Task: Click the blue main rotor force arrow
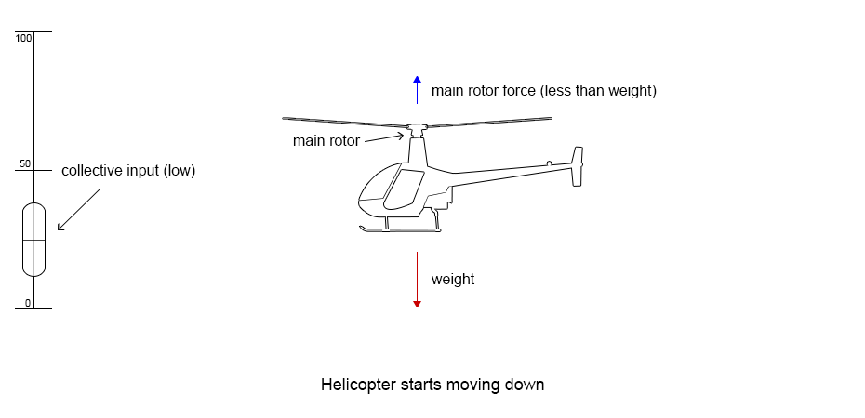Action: (417, 89)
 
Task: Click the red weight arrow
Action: (417, 279)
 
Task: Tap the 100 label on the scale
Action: (23, 38)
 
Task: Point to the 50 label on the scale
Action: (25, 164)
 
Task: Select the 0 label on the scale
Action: (28, 303)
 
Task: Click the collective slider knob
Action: (33, 239)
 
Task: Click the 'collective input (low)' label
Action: (128, 171)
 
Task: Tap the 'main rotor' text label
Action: (326, 141)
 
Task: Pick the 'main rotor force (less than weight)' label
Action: (544, 91)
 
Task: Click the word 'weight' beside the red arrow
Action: (453, 279)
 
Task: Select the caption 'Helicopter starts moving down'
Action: (432, 385)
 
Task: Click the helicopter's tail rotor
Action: (578, 166)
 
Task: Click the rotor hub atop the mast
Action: (417, 127)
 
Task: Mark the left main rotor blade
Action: (344, 121)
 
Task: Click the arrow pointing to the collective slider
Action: (79, 209)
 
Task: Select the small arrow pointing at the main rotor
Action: (383, 138)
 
